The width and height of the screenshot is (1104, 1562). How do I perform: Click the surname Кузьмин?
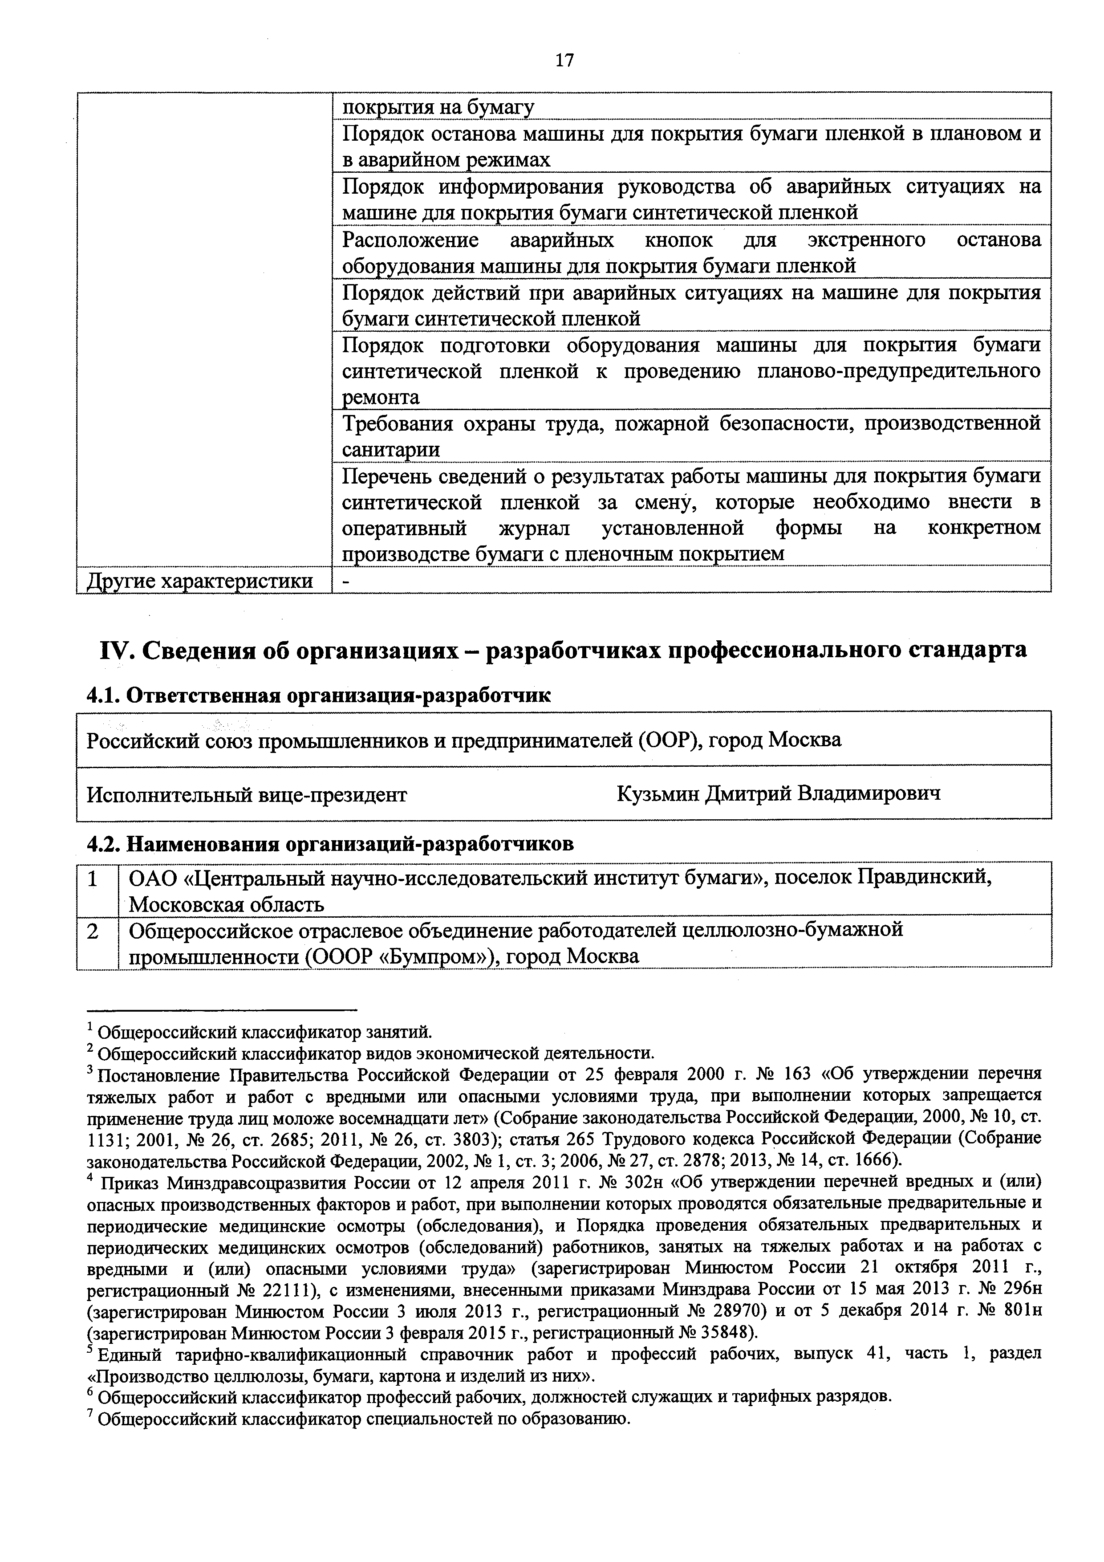tap(658, 793)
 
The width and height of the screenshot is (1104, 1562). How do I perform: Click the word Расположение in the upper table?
tap(410, 240)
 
